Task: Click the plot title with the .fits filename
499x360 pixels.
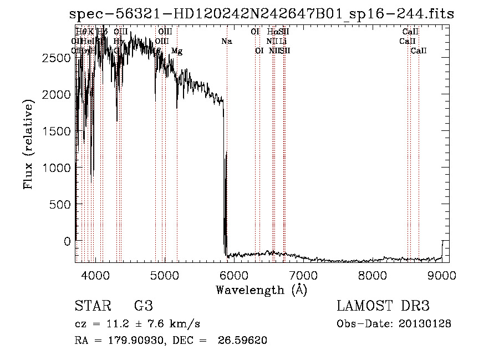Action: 259,14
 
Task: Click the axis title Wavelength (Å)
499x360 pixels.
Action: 261,290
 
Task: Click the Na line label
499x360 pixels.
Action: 226,42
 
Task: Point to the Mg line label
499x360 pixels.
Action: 177,51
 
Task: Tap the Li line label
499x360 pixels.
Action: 283,42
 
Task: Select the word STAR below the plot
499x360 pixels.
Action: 91,306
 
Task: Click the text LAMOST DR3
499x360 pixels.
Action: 383,306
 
